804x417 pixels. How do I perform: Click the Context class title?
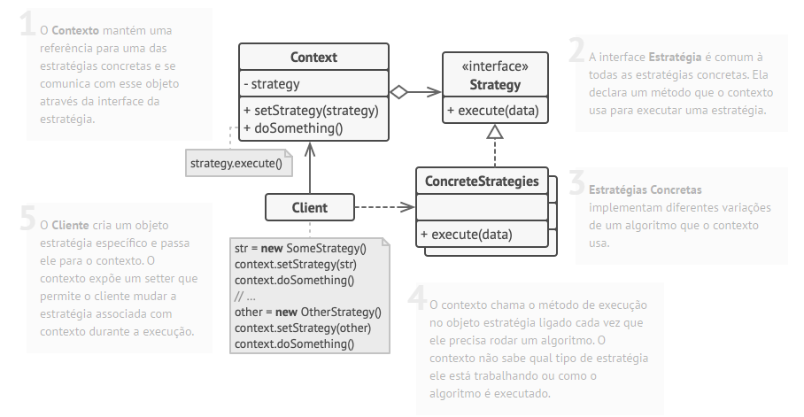point(313,58)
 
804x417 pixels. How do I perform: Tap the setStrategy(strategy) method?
point(311,111)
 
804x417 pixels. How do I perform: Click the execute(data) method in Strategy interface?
point(492,111)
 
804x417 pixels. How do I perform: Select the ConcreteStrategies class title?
point(482,181)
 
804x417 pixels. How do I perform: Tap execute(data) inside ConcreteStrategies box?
point(466,235)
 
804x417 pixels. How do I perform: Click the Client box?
point(309,208)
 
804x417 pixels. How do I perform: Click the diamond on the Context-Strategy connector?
point(399,91)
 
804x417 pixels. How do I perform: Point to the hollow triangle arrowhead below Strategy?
point(495,133)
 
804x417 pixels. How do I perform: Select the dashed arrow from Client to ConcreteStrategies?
point(384,208)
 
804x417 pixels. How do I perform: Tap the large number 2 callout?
point(577,50)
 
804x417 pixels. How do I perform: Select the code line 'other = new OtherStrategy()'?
point(307,312)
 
